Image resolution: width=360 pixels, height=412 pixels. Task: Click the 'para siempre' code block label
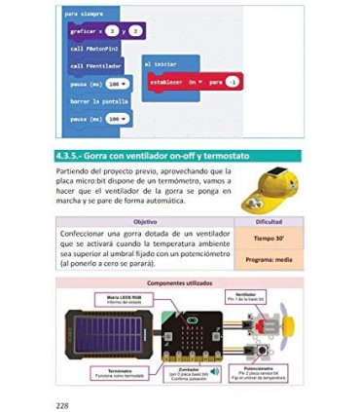coord(85,16)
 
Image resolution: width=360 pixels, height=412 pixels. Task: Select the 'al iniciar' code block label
coord(162,63)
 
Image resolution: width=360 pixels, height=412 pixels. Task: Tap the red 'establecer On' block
coord(186,82)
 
